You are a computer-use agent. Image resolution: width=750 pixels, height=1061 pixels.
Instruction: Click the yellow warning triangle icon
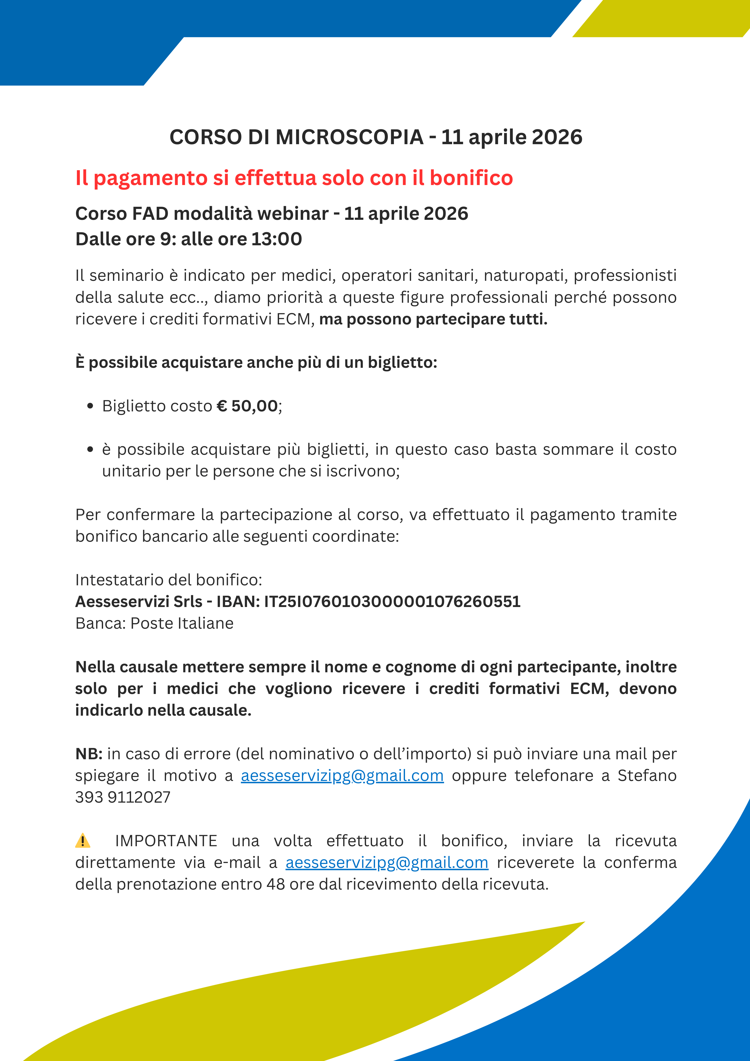pos(83,841)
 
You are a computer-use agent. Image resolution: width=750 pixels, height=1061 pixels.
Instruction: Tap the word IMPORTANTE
pos(166,841)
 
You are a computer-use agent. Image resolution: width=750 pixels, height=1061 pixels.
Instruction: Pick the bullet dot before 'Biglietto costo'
pos(90,406)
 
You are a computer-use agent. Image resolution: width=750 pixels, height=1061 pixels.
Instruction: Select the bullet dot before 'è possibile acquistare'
pos(90,449)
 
